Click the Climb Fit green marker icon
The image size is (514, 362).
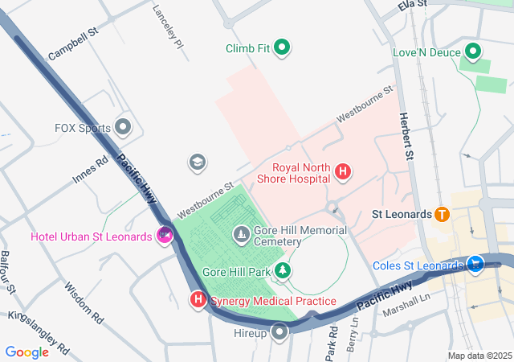[282, 48]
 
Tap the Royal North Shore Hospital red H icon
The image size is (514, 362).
[343, 171]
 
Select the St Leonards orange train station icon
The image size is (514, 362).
[441, 215]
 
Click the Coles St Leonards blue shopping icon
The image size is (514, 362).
[475, 263]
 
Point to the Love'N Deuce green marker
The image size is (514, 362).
[473, 53]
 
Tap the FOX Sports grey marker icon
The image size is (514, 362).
[123, 127]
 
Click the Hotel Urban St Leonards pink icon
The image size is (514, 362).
[165, 236]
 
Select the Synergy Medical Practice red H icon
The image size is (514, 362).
[198, 300]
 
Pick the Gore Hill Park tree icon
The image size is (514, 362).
[282, 272]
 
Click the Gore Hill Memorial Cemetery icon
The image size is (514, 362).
[241, 235]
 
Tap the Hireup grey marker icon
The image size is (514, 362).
[279, 332]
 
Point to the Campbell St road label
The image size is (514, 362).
[72, 46]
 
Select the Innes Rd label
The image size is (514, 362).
[90, 171]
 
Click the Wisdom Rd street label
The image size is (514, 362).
[84, 302]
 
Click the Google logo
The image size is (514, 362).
[27, 352]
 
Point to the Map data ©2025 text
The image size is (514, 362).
[479, 356]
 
